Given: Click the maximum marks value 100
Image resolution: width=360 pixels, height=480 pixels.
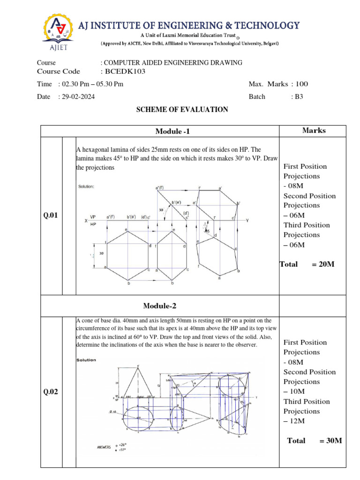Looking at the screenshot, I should tap(302, 84).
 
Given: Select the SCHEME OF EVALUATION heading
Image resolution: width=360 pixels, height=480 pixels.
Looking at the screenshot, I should tap(182, 110).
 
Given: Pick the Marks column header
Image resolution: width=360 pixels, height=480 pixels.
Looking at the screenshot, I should tap(314, 130).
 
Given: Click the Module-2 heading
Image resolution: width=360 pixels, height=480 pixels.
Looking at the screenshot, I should tap(160, 306).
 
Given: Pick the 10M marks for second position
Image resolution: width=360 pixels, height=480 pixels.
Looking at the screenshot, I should tap(296, 391).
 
